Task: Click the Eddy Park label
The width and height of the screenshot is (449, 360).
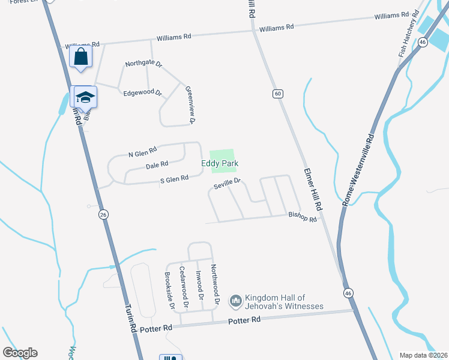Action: click(x=220, y=163)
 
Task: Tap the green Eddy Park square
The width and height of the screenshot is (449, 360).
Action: click(x=221, y=155)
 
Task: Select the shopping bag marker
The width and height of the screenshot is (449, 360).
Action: click(x=80, y=58)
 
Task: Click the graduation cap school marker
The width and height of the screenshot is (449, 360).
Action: click(x=85, y=97)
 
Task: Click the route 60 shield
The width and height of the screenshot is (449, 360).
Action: click(x=277, y=94)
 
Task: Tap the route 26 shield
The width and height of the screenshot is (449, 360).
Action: click(x=103, y=214)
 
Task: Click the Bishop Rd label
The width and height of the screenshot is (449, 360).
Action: click(x=302, y=217)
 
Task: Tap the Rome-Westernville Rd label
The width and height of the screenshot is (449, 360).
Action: click(x=358, y=170)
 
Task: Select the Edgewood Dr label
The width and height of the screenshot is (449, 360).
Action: click(x=142, y=93)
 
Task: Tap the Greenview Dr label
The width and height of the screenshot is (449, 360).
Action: click(x=190, y=104)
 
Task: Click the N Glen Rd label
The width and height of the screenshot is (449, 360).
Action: click(x=142, y=152)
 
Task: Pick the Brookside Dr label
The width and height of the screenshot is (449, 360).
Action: click(x=169, y=290)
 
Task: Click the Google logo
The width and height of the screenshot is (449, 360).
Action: click(x=20, y=353)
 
